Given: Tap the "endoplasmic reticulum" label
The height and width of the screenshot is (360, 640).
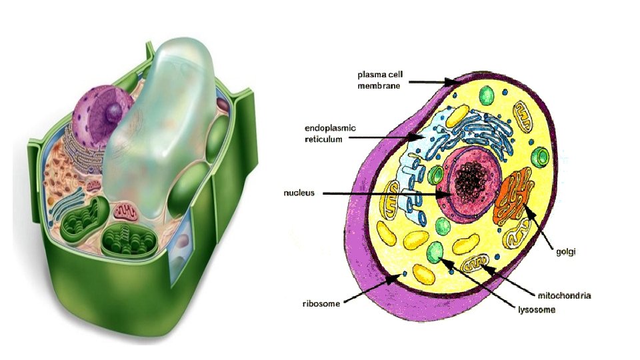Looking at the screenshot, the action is [x=331, y=133].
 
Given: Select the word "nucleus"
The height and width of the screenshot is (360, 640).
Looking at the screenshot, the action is [x=299, y=193].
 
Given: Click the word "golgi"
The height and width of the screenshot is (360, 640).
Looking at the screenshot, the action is [x=566, y=251].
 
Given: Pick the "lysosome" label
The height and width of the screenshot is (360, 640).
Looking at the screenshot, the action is [x=537, y=309].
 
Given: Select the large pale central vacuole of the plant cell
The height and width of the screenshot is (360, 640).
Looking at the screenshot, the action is [x=160, y=127].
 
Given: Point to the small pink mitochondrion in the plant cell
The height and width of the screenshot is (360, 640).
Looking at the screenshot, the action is [x=125, y=213].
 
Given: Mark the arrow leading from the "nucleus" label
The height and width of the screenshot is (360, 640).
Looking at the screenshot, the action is [x=387, y=193].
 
